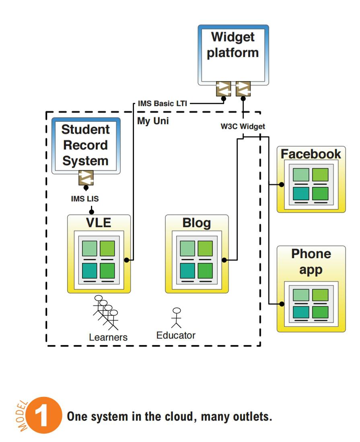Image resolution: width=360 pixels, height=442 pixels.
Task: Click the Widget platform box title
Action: pos(232,45)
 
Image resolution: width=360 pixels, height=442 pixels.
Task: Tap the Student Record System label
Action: pos(85,145)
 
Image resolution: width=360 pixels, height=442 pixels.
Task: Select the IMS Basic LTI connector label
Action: pos(163,103)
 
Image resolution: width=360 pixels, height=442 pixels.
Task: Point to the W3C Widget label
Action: pos(243,126)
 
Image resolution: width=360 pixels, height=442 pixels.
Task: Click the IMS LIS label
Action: pos(85,199)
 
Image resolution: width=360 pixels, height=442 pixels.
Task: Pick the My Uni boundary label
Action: pos(153,121)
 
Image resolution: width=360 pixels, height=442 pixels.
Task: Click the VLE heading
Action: pos(99,223)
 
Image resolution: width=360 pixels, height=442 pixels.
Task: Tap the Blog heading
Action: pos(197,223)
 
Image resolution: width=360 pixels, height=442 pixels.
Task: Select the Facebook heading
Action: pos(311,154)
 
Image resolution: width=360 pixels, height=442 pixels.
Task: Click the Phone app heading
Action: pos(311,261)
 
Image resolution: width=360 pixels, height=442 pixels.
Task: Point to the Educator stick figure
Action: pos(177,318)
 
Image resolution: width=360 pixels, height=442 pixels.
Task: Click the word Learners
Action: pos(108,337)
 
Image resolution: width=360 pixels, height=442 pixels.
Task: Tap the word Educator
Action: pos(176,335)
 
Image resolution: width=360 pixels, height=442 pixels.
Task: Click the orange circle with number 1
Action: pos(44,415)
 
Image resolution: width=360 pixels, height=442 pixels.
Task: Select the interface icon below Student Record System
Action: pos(86,178)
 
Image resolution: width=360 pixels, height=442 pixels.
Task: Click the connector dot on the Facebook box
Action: pos(281,185)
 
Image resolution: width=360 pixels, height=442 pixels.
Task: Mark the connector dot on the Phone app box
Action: pos(281,304)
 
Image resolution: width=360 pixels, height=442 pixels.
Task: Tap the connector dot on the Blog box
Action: pos(224,260)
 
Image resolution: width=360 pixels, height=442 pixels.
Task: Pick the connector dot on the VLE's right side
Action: pos(127,260)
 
